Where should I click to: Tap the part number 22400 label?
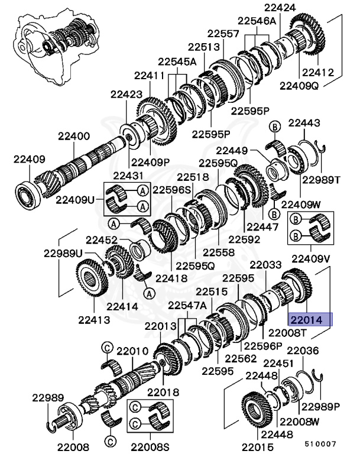click(74, 136)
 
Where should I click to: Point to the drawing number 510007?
click(320, 442)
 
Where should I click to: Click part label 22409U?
click(75, 199)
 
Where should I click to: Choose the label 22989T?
click(321, 180)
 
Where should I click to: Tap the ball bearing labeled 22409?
click(27, 194)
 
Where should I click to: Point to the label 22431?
click(128, 176)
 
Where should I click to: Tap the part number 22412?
click(318, 73)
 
